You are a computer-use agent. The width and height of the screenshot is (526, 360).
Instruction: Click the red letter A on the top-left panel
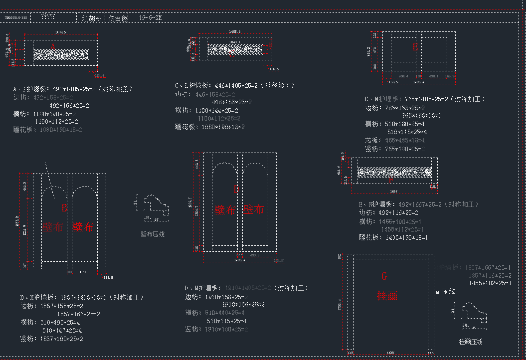point(53,46)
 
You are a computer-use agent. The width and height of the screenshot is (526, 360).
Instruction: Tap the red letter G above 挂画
point(384,276)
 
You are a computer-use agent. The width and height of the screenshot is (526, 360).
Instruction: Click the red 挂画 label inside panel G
point(387,296)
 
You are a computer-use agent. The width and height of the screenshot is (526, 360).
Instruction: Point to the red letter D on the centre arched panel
point(236,189)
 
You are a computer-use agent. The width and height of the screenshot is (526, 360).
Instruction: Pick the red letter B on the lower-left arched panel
point(64,206)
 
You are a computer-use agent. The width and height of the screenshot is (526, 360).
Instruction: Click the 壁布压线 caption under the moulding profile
point(153,234)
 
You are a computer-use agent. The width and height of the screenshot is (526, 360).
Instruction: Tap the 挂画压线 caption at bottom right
point(470,342)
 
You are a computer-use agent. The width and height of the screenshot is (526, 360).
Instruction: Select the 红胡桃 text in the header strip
point(92,18)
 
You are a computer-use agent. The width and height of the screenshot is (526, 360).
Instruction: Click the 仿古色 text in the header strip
point(118,18)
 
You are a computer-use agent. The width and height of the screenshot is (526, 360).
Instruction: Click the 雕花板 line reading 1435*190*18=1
point(394,238)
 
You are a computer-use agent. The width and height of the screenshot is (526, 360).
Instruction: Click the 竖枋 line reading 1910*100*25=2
point(216,330)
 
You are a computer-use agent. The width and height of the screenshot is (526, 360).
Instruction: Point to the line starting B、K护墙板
point(82,298)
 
